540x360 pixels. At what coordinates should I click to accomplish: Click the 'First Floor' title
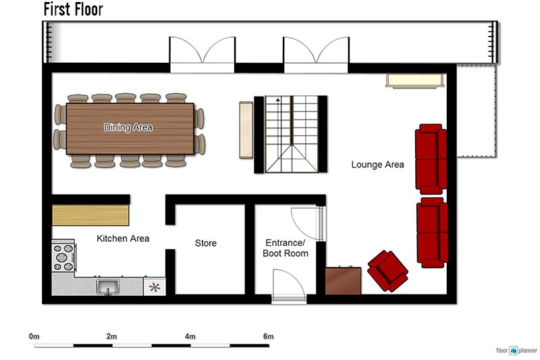[x=73, y=9]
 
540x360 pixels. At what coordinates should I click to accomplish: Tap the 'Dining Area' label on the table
[x=128, y=127]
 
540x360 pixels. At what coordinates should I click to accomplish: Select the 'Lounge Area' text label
[x=377, y=164]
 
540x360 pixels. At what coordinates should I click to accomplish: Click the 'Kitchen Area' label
[x=123, y=238]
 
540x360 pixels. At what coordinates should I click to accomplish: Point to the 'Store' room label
[x=206, y=243]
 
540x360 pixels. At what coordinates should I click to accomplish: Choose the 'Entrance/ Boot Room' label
[x=285, y=248]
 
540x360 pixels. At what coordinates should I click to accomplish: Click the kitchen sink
[x=108, y=287]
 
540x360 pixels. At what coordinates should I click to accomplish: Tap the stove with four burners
[x=63, y=257]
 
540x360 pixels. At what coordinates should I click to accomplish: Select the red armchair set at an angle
[x=387, y=271]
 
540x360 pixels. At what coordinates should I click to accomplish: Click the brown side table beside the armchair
[x=343, y=281]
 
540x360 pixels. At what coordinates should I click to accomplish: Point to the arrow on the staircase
[x=277, y=100]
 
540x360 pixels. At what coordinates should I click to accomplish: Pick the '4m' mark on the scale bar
[x=190, y=336]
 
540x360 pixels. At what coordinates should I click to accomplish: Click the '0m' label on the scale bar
[x=34, y=336]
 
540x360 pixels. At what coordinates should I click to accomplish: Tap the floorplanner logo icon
[x=514, y=351]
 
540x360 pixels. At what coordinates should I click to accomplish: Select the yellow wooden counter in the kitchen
[x=90, y=215]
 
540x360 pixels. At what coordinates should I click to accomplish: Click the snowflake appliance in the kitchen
[x=155, y=287]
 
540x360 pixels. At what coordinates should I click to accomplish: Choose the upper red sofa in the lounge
[x=431, y=159]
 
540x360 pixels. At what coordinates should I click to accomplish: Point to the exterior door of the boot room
[x=289, y=286]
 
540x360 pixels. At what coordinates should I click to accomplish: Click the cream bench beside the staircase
[x=246, y=130]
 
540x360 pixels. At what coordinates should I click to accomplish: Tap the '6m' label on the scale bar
[x=268, y=336]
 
